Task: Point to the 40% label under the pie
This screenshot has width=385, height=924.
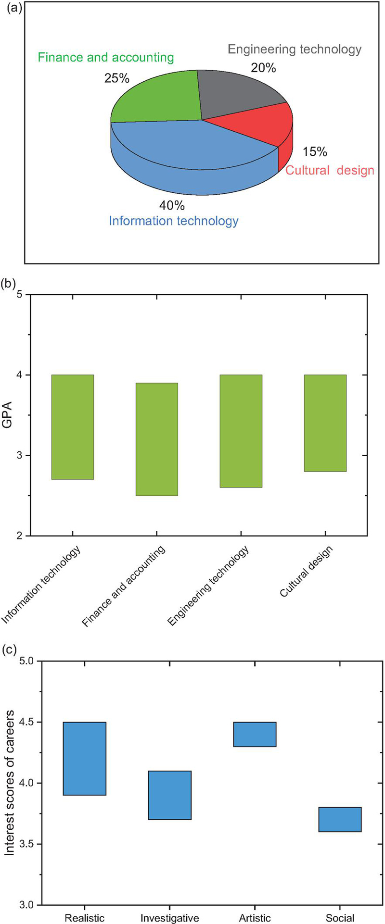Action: pos(172,206)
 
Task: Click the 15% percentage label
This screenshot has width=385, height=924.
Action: pos(315,152)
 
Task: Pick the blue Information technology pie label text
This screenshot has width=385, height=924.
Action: pos(173,221)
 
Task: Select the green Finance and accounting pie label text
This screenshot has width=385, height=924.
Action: pos(106,58)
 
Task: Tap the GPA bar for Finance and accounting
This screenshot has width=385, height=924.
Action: pos(156,439)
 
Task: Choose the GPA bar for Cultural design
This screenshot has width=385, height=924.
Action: pos(325,423)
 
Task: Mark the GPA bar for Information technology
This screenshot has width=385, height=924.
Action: pos(72,427)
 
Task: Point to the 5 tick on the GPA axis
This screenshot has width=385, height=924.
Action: pos(20,294)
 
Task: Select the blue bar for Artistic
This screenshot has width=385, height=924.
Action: pos(255,734)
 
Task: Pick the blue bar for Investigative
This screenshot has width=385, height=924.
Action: pos(170,795)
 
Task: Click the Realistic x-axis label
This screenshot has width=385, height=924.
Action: pos(85,918)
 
